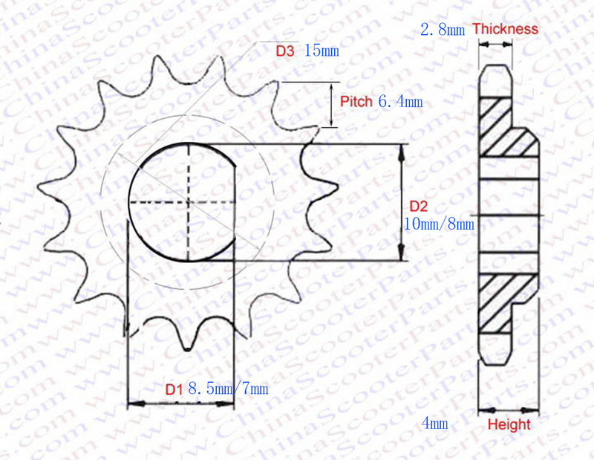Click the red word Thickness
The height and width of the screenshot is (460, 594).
[505, 29]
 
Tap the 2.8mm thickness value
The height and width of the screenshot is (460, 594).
[443, 29]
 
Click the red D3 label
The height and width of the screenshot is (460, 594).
[285, 51]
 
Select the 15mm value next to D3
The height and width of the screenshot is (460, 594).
[322, 51]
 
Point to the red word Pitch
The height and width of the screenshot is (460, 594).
[356, 102]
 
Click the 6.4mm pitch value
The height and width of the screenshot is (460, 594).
[400, 102]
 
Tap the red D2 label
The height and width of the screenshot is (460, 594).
[419, 207]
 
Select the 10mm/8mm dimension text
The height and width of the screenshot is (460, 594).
[439, 224]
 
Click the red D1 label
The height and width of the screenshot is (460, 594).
[174, 389]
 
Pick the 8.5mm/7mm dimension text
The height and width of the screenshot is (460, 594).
[229, 389]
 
